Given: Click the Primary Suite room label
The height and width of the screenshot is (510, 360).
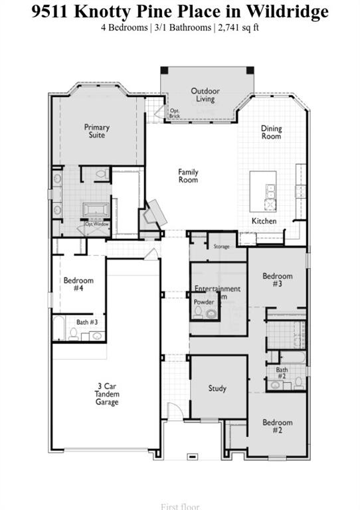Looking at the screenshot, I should [97, 131].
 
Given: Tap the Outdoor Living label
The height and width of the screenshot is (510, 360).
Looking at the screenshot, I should [205, 95].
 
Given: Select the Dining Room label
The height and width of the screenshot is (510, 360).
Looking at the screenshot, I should [271, 132].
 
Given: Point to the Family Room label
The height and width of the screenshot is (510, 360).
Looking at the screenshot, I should [188, 176].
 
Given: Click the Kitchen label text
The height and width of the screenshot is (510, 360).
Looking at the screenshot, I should [264, 221].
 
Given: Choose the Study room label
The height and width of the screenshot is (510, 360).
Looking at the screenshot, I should [217, 388].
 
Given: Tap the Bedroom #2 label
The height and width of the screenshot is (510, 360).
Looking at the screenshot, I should [277, 426].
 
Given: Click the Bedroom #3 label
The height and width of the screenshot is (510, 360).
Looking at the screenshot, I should [277, 280].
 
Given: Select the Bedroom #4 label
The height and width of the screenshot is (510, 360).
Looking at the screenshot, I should [78, 284].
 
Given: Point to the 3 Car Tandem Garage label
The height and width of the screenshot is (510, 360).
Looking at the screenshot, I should [106, 393].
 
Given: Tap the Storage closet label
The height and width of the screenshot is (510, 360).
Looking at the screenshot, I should [221, 246].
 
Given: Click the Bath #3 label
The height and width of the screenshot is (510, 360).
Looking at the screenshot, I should [87, 322].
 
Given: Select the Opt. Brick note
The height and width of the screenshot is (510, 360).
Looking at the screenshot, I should [175, 114].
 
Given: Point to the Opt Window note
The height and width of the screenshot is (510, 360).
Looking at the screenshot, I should [97, 224].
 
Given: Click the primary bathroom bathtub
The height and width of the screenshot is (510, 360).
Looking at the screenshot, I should [97, 210].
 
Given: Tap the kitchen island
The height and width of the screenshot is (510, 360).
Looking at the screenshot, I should [263, 190].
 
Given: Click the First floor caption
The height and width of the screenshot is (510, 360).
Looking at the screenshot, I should [180, 506].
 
